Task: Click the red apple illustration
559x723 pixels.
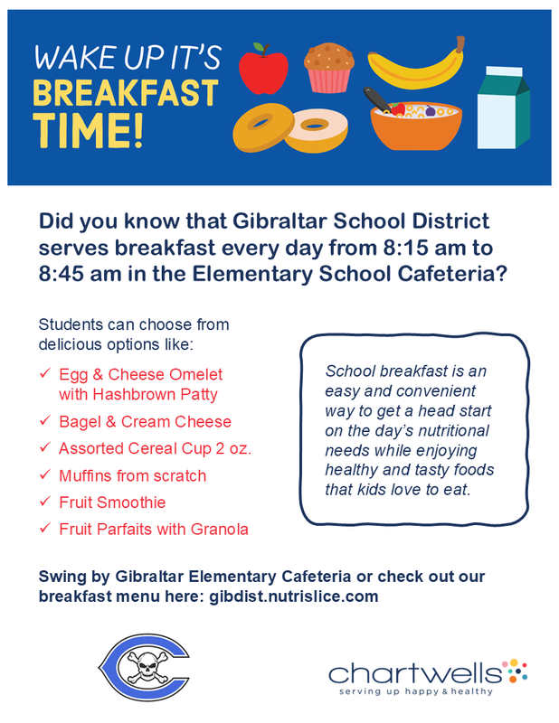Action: point(263,70)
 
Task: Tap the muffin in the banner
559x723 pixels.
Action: point(329,67)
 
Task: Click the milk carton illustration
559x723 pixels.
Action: point(503,108)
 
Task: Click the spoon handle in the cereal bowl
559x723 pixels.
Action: point(376,99)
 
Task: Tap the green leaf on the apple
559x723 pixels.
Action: point(259,48)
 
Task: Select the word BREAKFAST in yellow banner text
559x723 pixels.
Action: point(126,93)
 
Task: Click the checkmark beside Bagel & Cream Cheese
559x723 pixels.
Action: point(45,420)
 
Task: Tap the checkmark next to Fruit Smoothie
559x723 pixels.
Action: point(45,502)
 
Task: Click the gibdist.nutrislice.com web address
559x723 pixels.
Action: point(294,596)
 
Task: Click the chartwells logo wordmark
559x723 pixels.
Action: point(415,673)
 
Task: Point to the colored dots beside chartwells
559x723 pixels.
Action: point(515,670)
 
